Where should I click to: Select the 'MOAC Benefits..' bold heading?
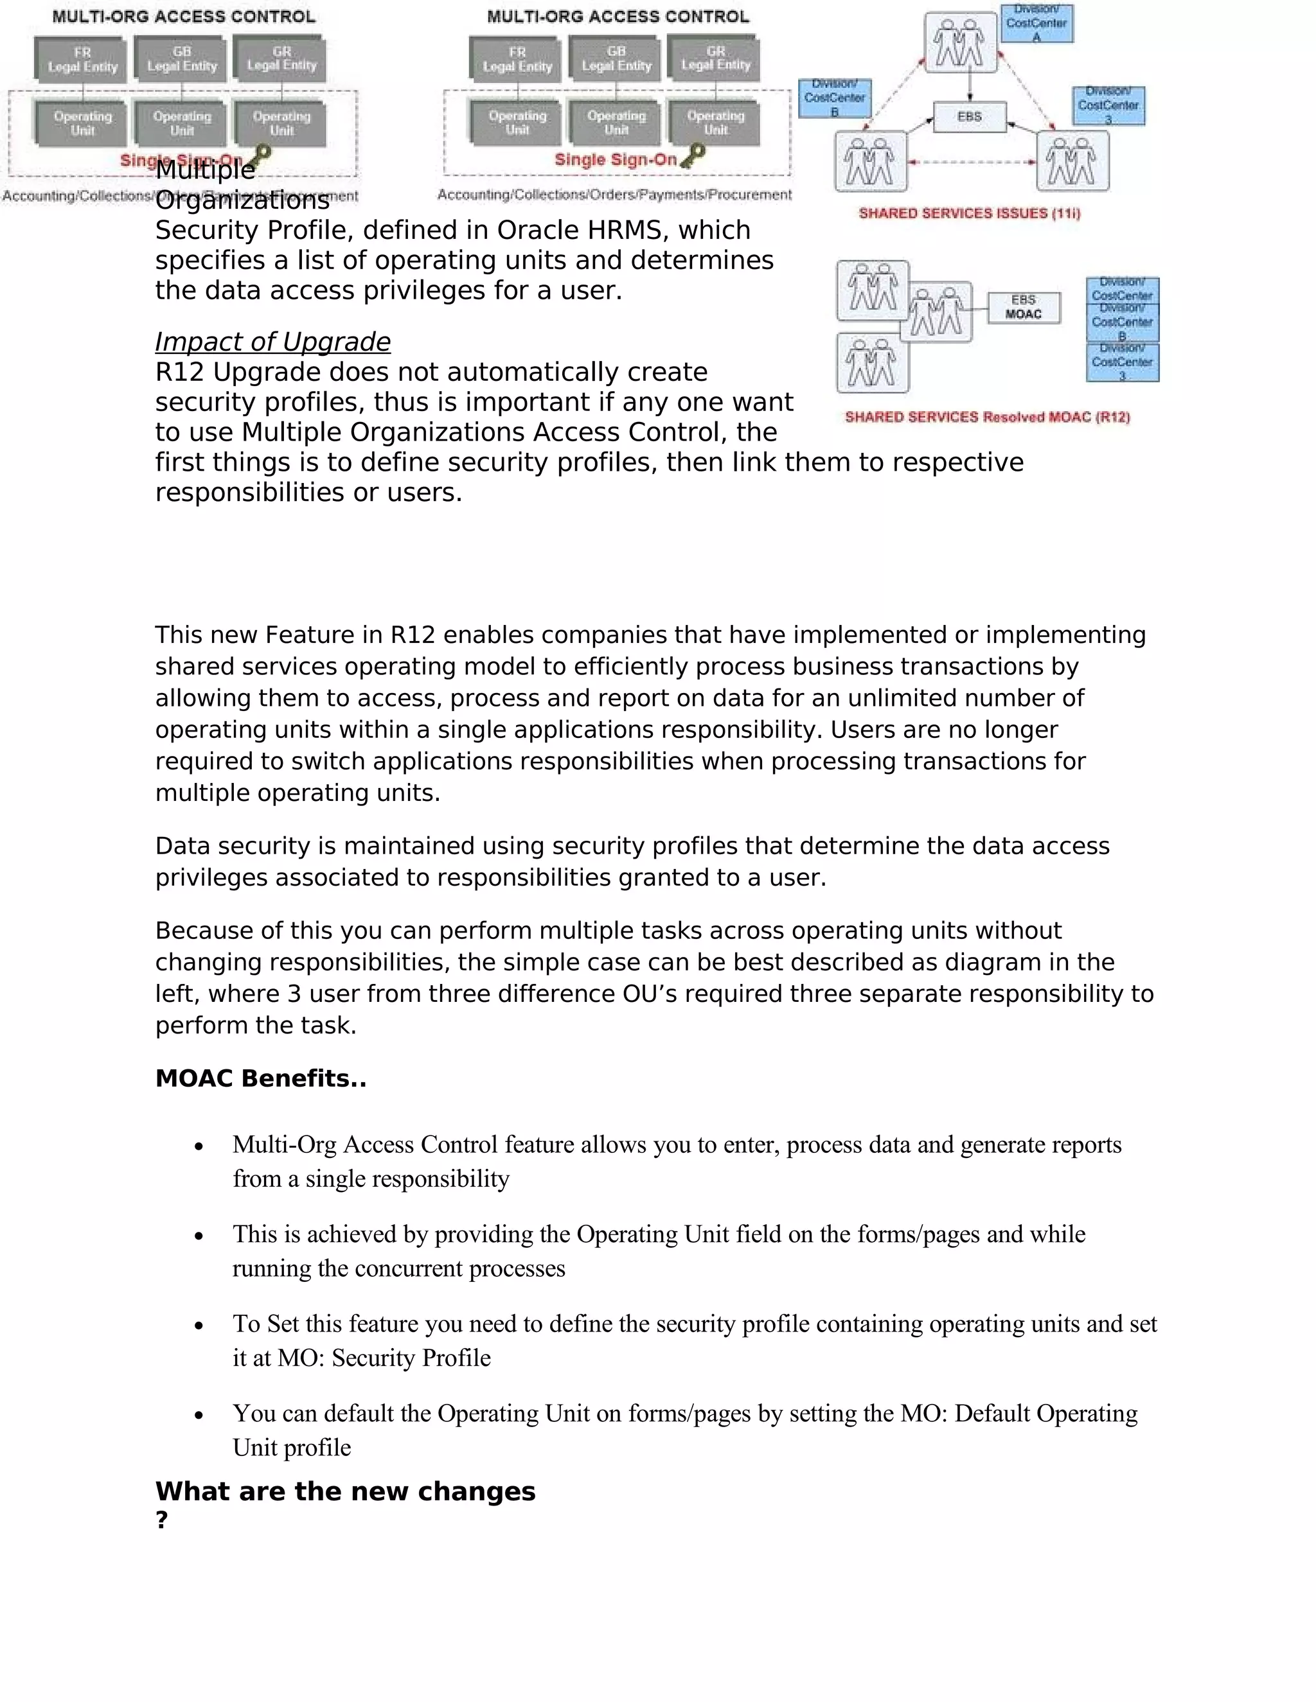click(260, 1078)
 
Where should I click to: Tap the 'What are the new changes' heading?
click(345, 1491)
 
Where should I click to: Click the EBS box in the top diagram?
click(969, 117)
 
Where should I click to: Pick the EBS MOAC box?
click(1024, 307)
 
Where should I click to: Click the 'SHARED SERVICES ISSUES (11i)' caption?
click(969, 213)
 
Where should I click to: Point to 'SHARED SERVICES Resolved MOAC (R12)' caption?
click(987, 417)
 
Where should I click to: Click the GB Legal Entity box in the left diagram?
click(182, 59)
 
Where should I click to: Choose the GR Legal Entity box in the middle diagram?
click(716, 58)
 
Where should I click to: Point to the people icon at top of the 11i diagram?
click(960, 43)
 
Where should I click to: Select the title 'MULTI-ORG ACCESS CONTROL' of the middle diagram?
click(618, 16)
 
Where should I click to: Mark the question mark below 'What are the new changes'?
click(161, 1520)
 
